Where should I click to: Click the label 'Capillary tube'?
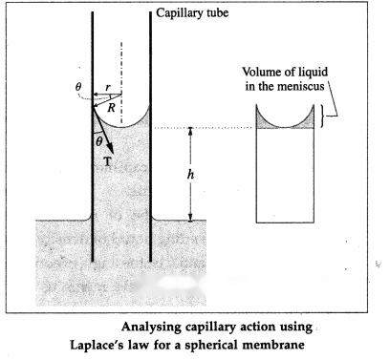[192, 13]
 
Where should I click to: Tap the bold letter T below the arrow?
[107, 162]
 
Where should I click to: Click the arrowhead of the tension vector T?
[110, 148]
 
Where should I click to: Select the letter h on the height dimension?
[190, 174]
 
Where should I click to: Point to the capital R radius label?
[111, 108]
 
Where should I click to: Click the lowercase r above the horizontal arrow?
[108, 87]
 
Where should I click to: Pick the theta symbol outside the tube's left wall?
[78, 86]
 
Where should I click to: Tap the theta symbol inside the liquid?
[99, 142]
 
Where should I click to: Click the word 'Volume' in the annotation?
[259, 72]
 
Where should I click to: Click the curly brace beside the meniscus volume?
[323, 116]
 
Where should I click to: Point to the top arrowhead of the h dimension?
[190, 131]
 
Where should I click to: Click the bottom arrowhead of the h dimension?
[190, 217]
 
